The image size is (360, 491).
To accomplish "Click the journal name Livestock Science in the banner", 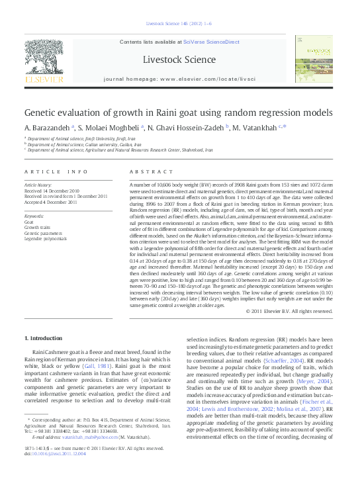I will coord(179,60).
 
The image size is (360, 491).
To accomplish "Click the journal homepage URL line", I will coord(179,78).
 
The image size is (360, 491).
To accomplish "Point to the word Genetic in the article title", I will coord(44,113).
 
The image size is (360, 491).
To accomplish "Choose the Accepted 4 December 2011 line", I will coord(52,201).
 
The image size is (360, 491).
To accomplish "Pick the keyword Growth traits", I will coord(38,228).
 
